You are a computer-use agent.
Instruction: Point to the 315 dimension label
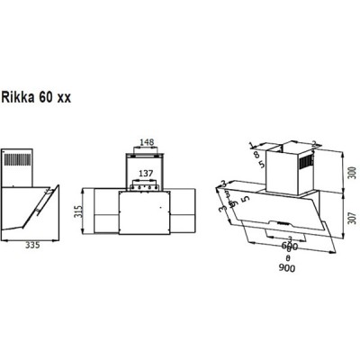click(79, 212)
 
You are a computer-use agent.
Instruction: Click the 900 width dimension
click(287, 267)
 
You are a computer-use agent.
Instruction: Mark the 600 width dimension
click(287, 247)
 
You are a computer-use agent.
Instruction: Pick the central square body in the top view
click(147, 212)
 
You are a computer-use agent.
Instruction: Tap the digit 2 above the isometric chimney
click(315, 142)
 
